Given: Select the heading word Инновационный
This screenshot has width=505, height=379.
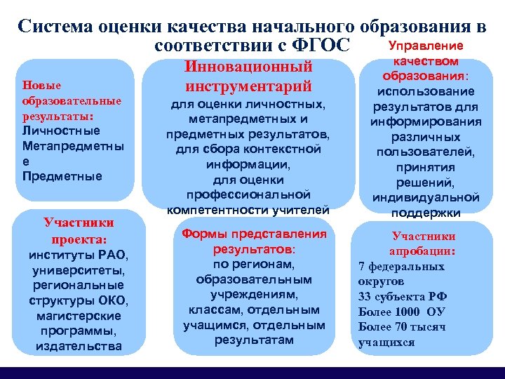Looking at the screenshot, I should click(248, 67).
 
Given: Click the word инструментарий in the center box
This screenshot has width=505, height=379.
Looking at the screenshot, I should click(248, 87).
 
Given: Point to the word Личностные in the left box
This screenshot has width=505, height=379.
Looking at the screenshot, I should click(61, 131).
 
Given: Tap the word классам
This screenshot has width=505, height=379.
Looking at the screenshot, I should click(213, 310).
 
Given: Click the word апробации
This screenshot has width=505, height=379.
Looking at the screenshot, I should click(423, 251).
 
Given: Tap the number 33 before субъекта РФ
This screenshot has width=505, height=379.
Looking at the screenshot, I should click(365, 296).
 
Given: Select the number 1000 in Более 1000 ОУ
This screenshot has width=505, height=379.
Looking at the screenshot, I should click(408, 312).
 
